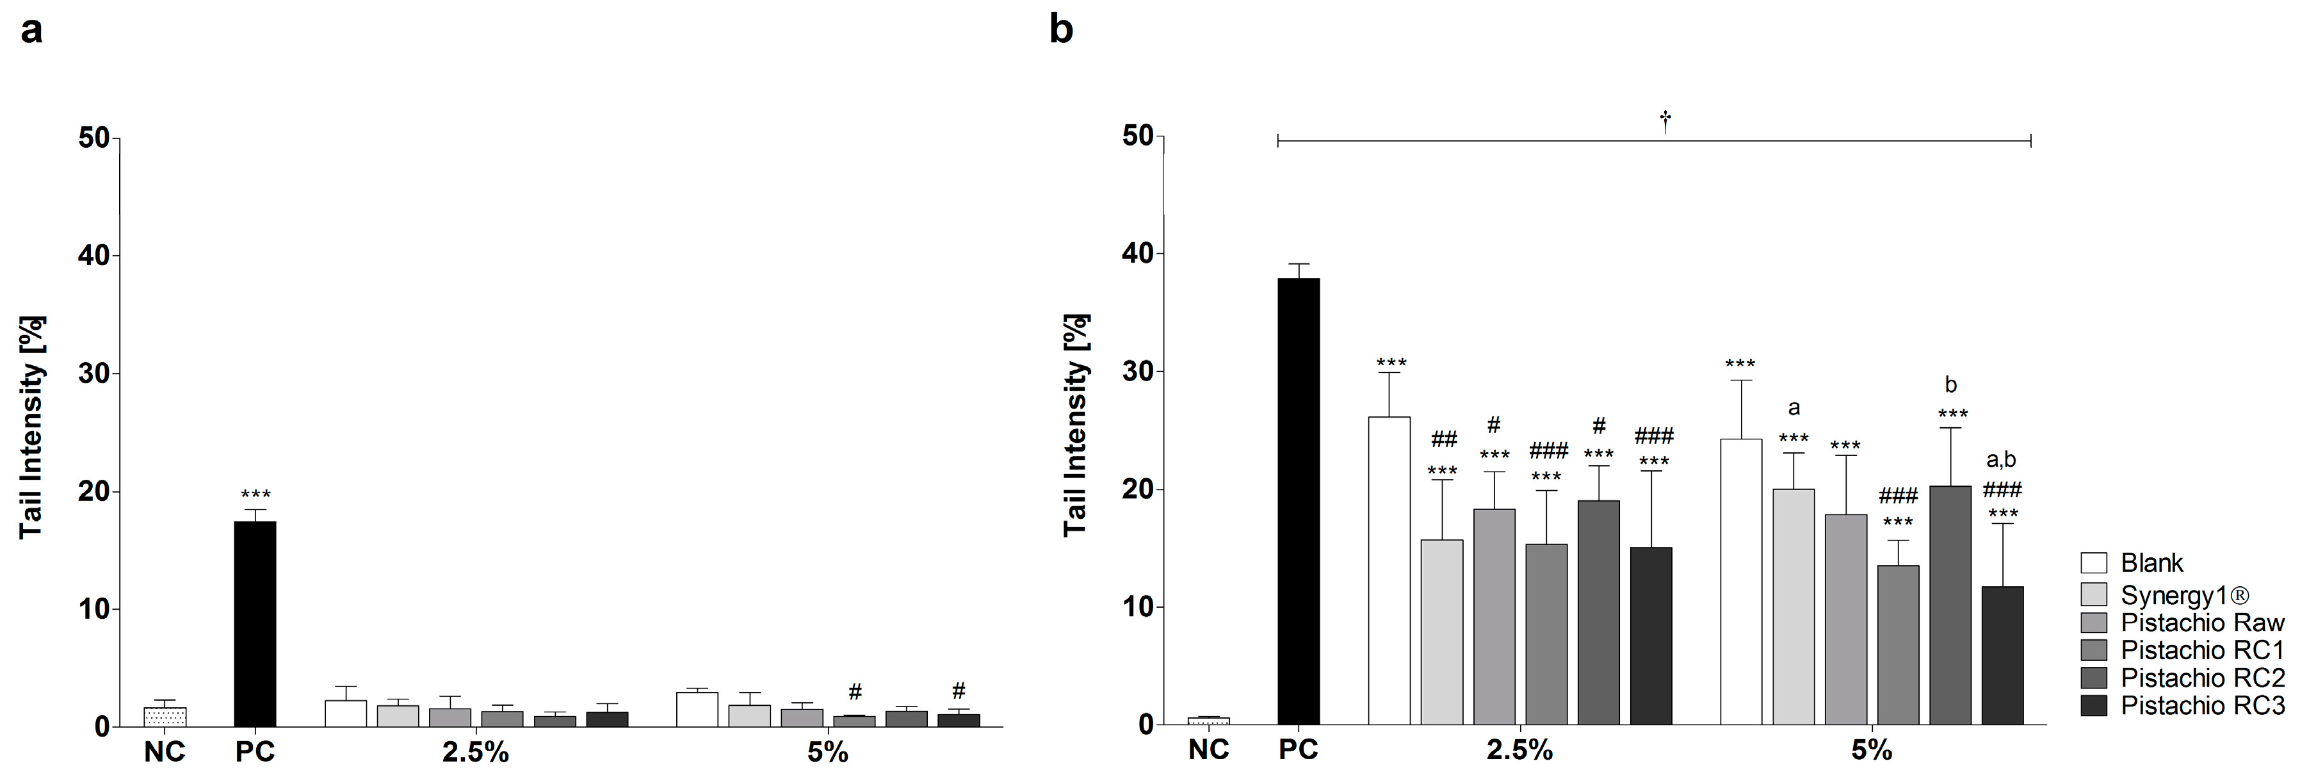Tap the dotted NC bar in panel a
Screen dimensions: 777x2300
click(165, 717)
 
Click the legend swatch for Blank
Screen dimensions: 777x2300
click(2094, 562)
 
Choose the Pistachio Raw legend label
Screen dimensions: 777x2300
click(2202, 623)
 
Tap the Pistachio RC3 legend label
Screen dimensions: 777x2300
click(2202, 705)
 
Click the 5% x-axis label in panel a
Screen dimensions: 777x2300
click(828, 753)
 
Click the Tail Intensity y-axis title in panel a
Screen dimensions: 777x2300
click(32, 427)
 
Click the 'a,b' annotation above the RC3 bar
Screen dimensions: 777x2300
click(2001, 460)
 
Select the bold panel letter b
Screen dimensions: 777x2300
click(1061, 30)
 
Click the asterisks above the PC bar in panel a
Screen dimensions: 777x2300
click(255, 495)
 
